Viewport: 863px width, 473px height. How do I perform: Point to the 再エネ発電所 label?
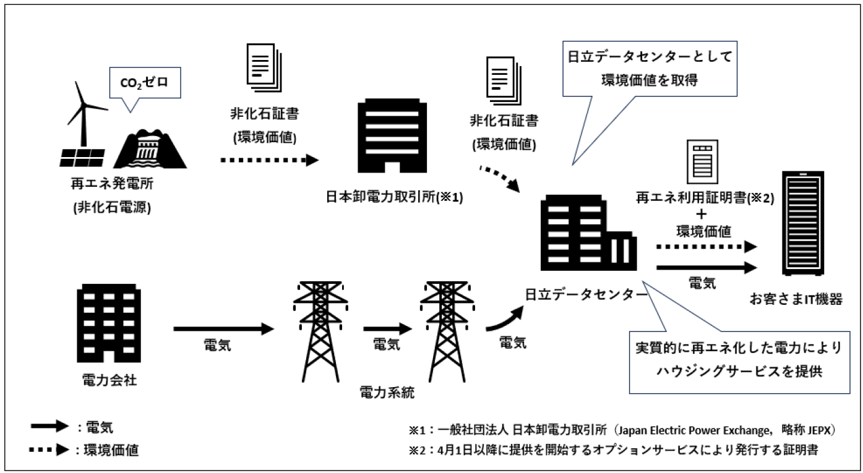(x=111, y=185)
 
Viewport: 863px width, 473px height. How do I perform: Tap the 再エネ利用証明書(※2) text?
(x=705, y=197)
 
